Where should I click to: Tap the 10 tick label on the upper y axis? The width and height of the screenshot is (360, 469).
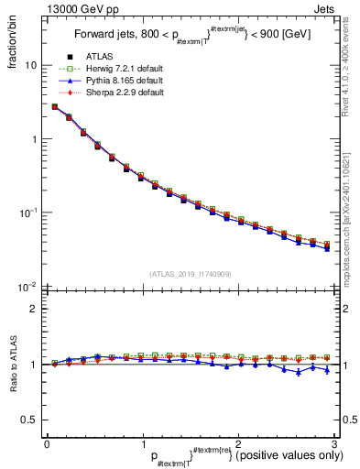[x=31, y=66]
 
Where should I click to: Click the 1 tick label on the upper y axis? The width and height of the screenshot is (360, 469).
[x=34, y=139]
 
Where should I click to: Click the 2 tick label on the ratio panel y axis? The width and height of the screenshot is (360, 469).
[x=34, y=309]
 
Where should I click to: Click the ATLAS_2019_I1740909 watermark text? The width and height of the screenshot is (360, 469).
[x=190, y=274]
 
